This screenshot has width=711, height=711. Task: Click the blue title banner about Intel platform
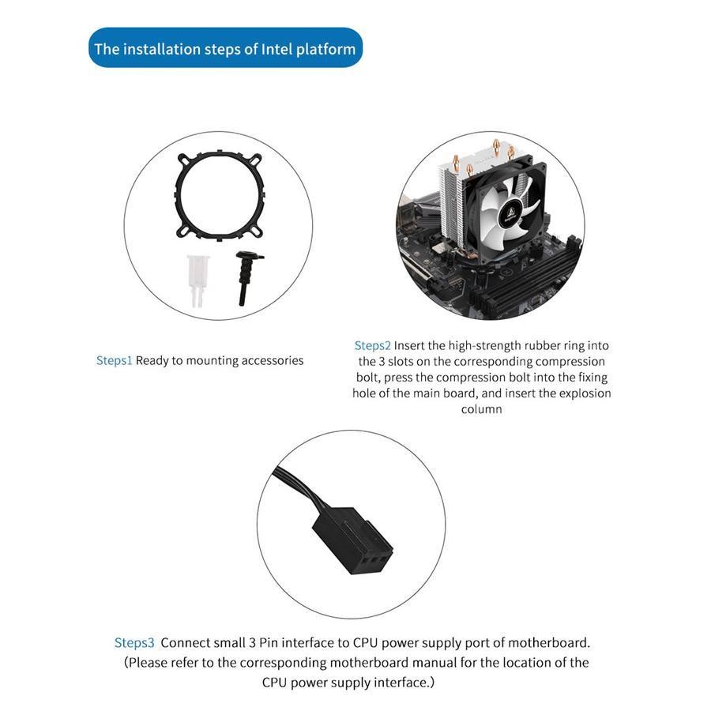pyautogui.click(x=225, y=48)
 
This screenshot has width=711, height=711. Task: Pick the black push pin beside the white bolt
pyautogui.click(x=246, y=277)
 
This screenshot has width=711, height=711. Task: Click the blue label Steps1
pyautogui.click(x=114, y=361)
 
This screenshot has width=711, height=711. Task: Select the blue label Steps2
pyautogui.click(x=372, y=345)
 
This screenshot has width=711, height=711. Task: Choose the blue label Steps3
pyautogui.click(x=134, y=643)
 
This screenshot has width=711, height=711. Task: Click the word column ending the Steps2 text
pyautogui.click(x=481, y=409)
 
